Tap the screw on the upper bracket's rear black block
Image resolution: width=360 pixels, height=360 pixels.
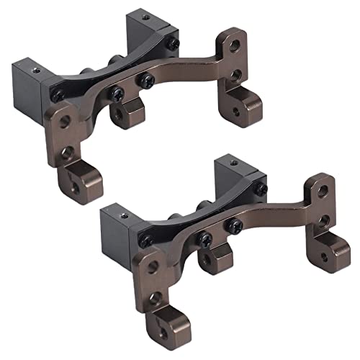pos(174,43)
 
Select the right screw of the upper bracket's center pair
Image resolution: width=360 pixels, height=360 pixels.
pos(147,80)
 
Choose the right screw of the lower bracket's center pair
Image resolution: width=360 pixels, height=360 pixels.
pos(235,226)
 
